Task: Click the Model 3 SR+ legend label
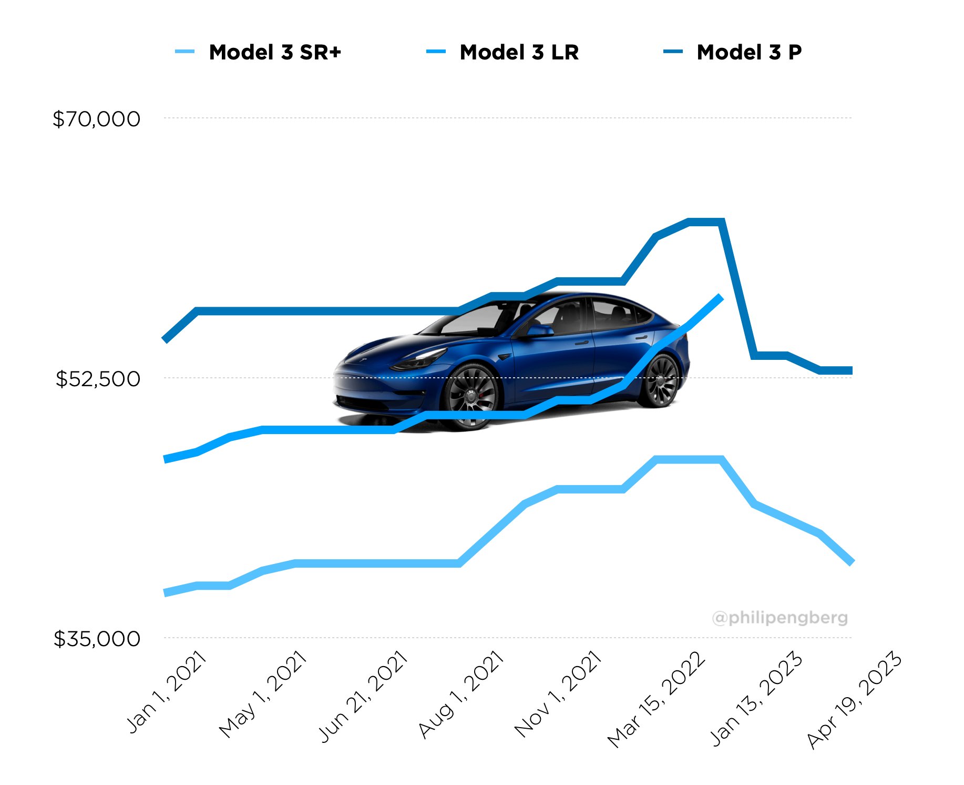click(275, 52)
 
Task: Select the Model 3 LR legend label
click(519, 52)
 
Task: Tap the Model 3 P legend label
click(748, 52)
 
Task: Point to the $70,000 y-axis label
click(97, 119)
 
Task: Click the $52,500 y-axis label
click(98, 379)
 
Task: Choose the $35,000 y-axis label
click(97, 639)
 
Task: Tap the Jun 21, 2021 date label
click(363, 696)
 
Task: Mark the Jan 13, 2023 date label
click(757, 698)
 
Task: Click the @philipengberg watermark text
click(780, 617)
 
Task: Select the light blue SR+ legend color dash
click(185, 52)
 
